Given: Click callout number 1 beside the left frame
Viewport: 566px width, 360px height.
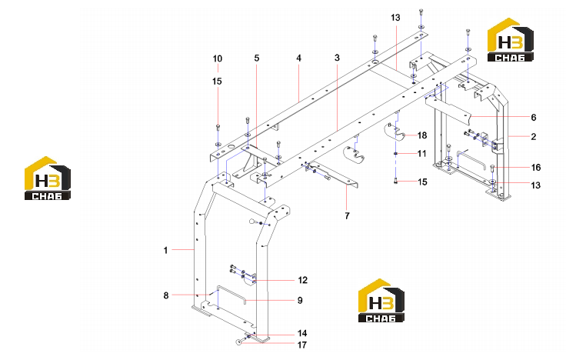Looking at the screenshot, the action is (165, 250).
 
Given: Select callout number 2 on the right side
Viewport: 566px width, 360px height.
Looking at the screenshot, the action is (534, 136).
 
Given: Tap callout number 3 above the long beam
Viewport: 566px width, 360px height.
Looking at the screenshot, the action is (337, 58).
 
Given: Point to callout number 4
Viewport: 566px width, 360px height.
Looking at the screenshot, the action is (299, 58).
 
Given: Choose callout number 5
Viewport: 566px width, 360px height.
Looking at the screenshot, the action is (257, 58).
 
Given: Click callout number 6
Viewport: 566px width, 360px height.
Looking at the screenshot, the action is (534, 118).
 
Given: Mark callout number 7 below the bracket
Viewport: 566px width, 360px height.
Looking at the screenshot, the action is (348, 216).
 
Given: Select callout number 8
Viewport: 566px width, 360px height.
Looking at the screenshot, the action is (166, 295).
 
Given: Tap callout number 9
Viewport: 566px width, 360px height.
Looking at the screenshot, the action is (300, 301).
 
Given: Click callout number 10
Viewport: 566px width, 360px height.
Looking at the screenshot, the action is (218, 58).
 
